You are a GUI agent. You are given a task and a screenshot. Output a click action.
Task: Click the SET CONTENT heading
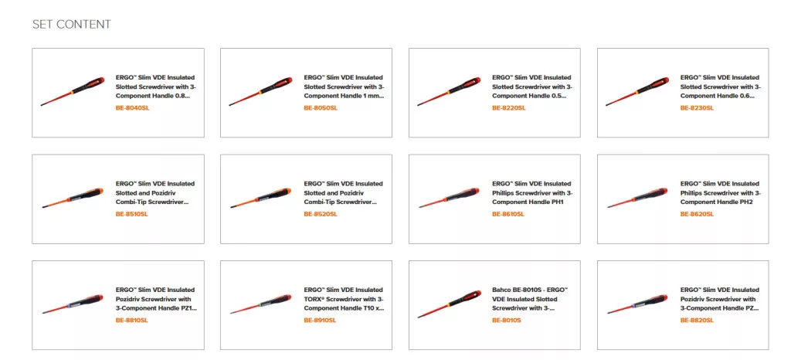[x=72, y=24]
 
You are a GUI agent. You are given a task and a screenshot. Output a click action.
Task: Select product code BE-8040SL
[x=132, y=108]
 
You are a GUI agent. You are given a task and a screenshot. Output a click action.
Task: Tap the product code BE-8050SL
[x=321, y=108]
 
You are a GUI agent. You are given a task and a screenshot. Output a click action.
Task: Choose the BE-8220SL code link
[x=508, y=108]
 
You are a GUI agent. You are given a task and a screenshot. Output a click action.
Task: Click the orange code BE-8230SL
[x=698, y=108]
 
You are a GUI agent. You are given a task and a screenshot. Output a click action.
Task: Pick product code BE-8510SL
[x=131, y=214]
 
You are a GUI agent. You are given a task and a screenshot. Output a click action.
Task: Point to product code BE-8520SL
[x=321, y=214]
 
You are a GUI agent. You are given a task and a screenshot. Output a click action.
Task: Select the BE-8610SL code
[x=508, y=214]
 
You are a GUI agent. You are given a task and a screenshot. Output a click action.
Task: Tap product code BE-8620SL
[x=698, y=214]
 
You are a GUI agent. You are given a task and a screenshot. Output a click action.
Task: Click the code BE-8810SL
[x=131, y=320]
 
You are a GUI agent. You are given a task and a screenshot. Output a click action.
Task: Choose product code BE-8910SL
[x=320, y=320]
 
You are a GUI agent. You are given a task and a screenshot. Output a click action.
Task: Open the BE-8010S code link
[x=507, y=320]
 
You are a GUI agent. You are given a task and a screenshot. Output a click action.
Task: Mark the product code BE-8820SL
[x=698, y=320]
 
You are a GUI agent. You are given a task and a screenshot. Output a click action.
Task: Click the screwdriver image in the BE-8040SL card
[x=73, y=91]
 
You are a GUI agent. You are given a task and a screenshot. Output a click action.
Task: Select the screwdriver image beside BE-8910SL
[x=261, y=304]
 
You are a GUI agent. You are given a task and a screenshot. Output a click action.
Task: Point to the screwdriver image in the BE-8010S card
[x=450, y=304]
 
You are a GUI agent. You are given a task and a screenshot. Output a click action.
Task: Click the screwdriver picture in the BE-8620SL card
[x=637, y=198]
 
